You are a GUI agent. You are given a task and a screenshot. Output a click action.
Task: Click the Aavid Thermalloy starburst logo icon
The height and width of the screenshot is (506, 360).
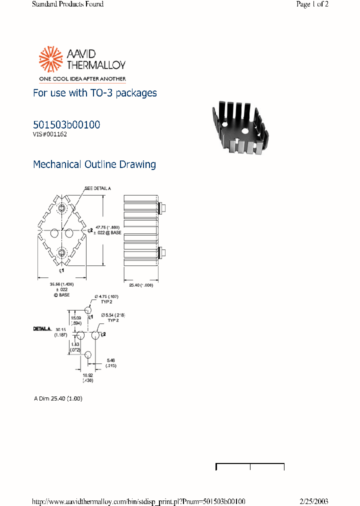(x=50, y=58)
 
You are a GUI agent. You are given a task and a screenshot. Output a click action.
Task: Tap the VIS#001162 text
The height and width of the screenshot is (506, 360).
(x=50, y=134)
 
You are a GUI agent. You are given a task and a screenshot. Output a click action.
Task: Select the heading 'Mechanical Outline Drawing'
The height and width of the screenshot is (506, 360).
(x=94, y=164)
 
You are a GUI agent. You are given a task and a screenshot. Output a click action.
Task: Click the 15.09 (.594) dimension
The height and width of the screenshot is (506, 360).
(x=76, y=320)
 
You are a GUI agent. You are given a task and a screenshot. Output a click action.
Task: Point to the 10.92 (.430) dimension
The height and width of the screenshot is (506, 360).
(x=87, y=377)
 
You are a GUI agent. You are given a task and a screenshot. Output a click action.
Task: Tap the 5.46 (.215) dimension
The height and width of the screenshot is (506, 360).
(x=111, y=362)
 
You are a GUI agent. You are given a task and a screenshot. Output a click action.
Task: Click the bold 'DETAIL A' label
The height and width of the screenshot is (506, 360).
(x=42, y=329)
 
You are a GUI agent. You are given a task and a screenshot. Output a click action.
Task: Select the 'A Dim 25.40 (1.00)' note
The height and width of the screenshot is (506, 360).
(x=58, y=398)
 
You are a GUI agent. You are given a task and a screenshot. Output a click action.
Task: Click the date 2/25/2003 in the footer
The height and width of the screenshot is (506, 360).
(x=314, y=501)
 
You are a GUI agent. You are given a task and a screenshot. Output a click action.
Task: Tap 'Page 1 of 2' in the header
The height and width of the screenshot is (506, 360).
(x=312, y=4)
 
